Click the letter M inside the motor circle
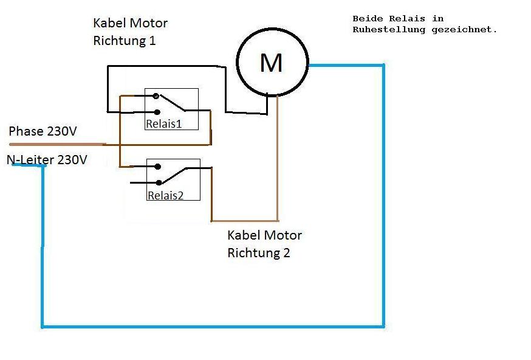[271, 63]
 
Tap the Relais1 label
[163, 124]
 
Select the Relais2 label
[165, 195]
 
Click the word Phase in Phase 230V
[26, 131]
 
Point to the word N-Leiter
[30, 160]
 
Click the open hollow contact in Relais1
[156, 96]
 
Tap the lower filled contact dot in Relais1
[157, 112]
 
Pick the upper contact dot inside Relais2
[158, 167]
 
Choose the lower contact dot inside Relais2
[159, 182]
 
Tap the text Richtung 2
[259, 253]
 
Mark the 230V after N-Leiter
[72, 160]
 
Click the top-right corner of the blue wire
[383, 65]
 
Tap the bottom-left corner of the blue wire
[43, 327]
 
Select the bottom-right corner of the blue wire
[383, 327]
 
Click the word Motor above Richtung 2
[283, 235]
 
